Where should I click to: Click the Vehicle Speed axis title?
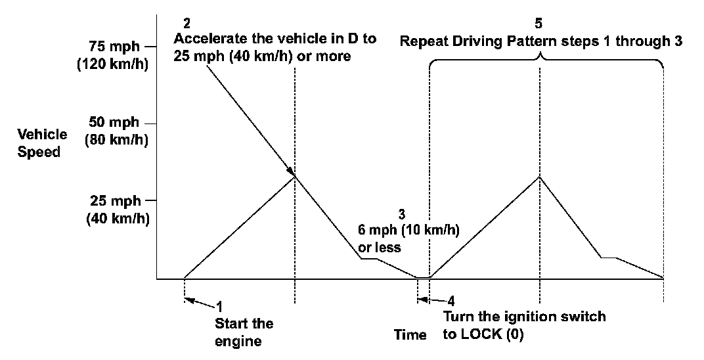tap(42, 143)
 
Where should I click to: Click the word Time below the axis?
tap(410, 335)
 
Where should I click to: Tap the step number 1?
tap(219, 306)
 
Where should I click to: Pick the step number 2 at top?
tap(187, 24)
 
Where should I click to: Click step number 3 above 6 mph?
tap(402, 214)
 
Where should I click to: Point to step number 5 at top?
tap(539, 24)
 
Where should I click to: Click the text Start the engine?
tap(244, 332)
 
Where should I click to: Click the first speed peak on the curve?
tap(295, 175)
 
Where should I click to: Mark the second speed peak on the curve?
tap(539, 176)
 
